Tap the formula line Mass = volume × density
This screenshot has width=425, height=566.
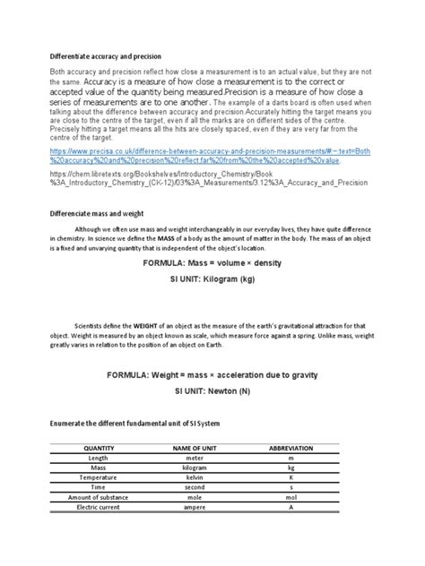pos(212,265)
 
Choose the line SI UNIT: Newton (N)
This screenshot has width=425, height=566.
pos(212,390)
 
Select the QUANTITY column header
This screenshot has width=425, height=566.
pos(98,447)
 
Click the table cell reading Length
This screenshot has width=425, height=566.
pos(98,457)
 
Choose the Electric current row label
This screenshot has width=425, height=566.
pos(98,507)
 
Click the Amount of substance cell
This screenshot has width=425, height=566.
pos(98,497)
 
